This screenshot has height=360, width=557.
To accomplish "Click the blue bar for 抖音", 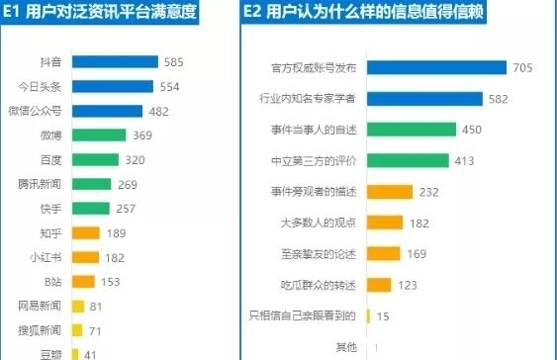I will (x=115, y=62).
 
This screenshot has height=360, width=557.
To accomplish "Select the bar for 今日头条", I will (x=112, y=87).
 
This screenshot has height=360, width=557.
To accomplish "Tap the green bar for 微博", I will (x=99, y=135).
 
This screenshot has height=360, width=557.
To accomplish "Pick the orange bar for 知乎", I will (x=86, y=233).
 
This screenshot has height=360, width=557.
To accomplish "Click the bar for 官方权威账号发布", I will (x=436, y=67).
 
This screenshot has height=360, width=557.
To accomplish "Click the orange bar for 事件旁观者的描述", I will (x=388, y=192).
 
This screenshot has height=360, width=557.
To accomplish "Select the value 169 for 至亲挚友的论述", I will (x=416, y=254).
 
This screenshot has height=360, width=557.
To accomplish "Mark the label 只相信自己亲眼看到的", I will (x=303, y=316).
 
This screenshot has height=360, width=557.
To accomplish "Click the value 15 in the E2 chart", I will (x=382, y=316).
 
